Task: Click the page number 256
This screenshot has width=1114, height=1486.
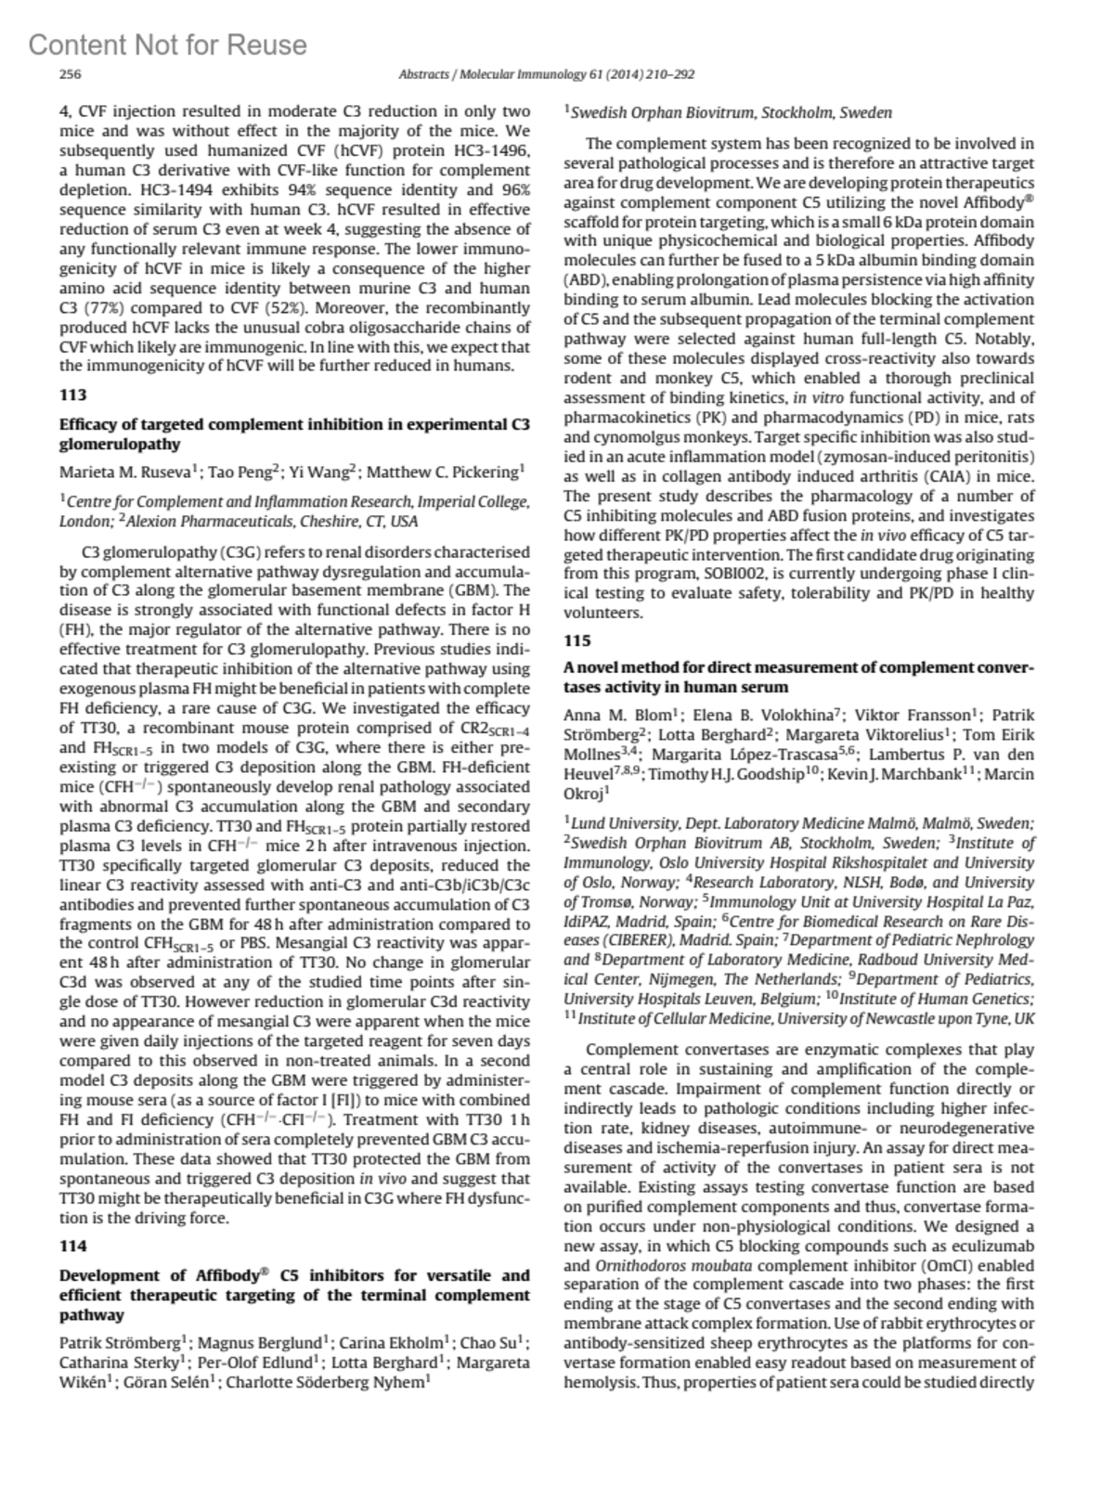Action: coord(71,75)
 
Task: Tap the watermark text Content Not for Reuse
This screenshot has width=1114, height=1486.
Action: coord(167,45)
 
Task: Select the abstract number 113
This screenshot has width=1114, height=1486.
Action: coord(72,395)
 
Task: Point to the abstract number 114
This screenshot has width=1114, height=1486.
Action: coord(72,1246)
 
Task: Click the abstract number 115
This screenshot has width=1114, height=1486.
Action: coord(577,640)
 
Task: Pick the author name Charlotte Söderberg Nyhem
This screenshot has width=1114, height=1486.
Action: coord(328,1381)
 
